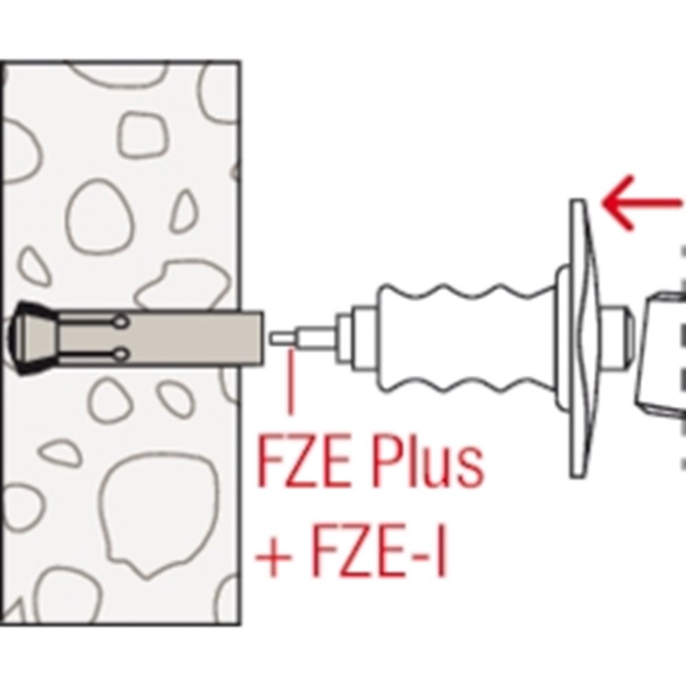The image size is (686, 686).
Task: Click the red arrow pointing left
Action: click(641, 204)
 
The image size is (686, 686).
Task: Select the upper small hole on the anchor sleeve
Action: click(122, 321)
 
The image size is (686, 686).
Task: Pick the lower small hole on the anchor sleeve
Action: click(122, 354)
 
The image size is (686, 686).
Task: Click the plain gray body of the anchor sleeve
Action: click(206, 338)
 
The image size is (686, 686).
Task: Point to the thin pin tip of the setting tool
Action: click(281, 338)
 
